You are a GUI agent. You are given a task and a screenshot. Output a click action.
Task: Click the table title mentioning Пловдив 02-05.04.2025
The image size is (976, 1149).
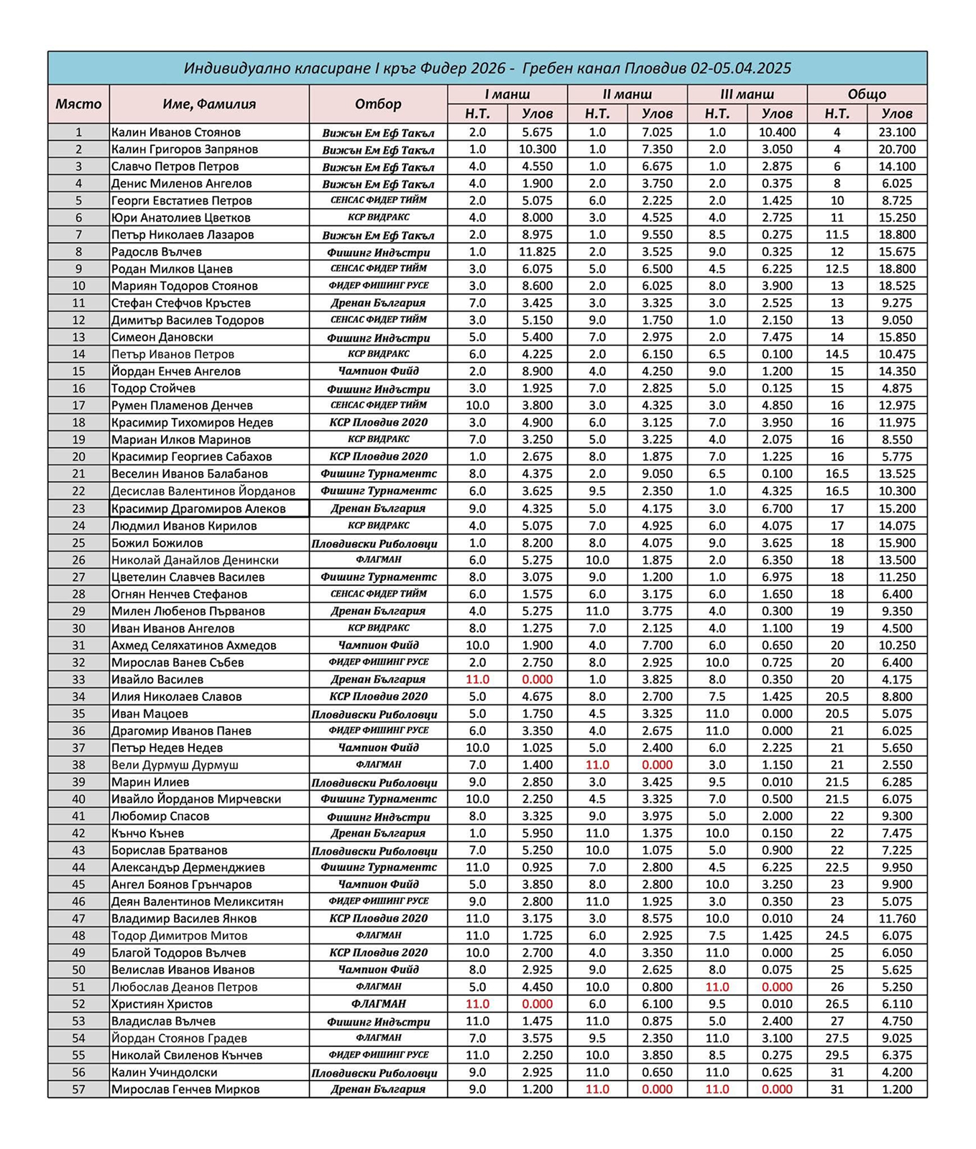click(x=487, y=68)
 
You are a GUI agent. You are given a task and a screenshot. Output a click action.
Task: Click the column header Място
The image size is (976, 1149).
click(x=78, y=104)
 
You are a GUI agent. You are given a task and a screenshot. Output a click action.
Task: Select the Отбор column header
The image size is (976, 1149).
click(x=378, y=104)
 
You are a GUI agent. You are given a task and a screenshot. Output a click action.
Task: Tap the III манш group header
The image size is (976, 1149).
click(x=747, y=94)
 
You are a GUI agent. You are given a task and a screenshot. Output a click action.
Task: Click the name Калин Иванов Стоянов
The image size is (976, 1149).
click(x=175, y=132)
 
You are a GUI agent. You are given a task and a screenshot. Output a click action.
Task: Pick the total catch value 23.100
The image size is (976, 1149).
click(x=897, y=132)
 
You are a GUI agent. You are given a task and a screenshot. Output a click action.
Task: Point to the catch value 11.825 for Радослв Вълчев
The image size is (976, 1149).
click(x=537, y=252)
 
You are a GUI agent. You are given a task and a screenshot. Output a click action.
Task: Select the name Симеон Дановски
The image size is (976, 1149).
click(x=162, y=338)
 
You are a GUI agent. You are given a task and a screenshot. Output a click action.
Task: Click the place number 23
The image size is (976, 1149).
click(x=78, y=508)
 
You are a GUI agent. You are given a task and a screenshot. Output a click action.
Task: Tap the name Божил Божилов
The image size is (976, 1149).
click(x=157, y=543)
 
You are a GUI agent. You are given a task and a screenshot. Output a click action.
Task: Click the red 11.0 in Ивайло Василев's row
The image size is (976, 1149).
click(x=477, y=679)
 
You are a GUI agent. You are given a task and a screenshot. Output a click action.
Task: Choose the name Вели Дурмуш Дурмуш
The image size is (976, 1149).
click(x=175, y=765)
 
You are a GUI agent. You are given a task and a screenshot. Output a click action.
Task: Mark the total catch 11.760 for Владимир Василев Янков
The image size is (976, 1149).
click(x=897, y=918)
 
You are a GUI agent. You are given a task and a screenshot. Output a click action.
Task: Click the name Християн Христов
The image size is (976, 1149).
click(x=162, y=1004)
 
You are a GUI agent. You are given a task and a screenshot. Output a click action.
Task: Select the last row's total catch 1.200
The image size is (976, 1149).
click(x=897, y=1089)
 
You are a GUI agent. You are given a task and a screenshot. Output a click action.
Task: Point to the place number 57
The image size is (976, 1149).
click(x=78, y=1089)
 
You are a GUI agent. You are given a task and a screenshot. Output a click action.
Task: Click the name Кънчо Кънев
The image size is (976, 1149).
click(x=147, y=833)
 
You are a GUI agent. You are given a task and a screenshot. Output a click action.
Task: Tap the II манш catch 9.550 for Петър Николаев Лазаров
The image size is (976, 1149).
click(x=657, y=235)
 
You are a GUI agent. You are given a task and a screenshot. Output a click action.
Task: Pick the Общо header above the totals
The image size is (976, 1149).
click(x=867, y=94)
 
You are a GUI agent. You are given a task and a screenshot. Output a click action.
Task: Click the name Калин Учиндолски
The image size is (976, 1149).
click(x=164, y=1072)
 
